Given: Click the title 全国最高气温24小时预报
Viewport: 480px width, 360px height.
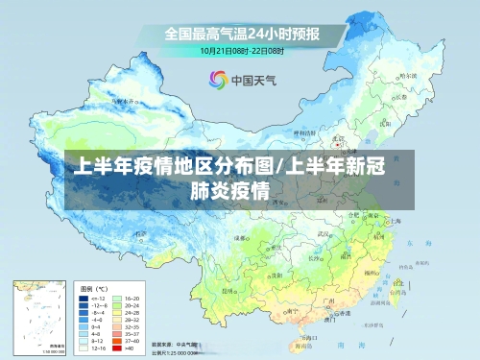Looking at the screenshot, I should click(x=241, y=33).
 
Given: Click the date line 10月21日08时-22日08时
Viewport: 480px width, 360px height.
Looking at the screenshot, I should click(x=241, y=50).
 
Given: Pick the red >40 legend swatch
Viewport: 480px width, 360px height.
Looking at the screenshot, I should click(x=118, y=348).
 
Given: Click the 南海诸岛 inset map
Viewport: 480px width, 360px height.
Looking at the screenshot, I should click(x=38, y=317).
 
